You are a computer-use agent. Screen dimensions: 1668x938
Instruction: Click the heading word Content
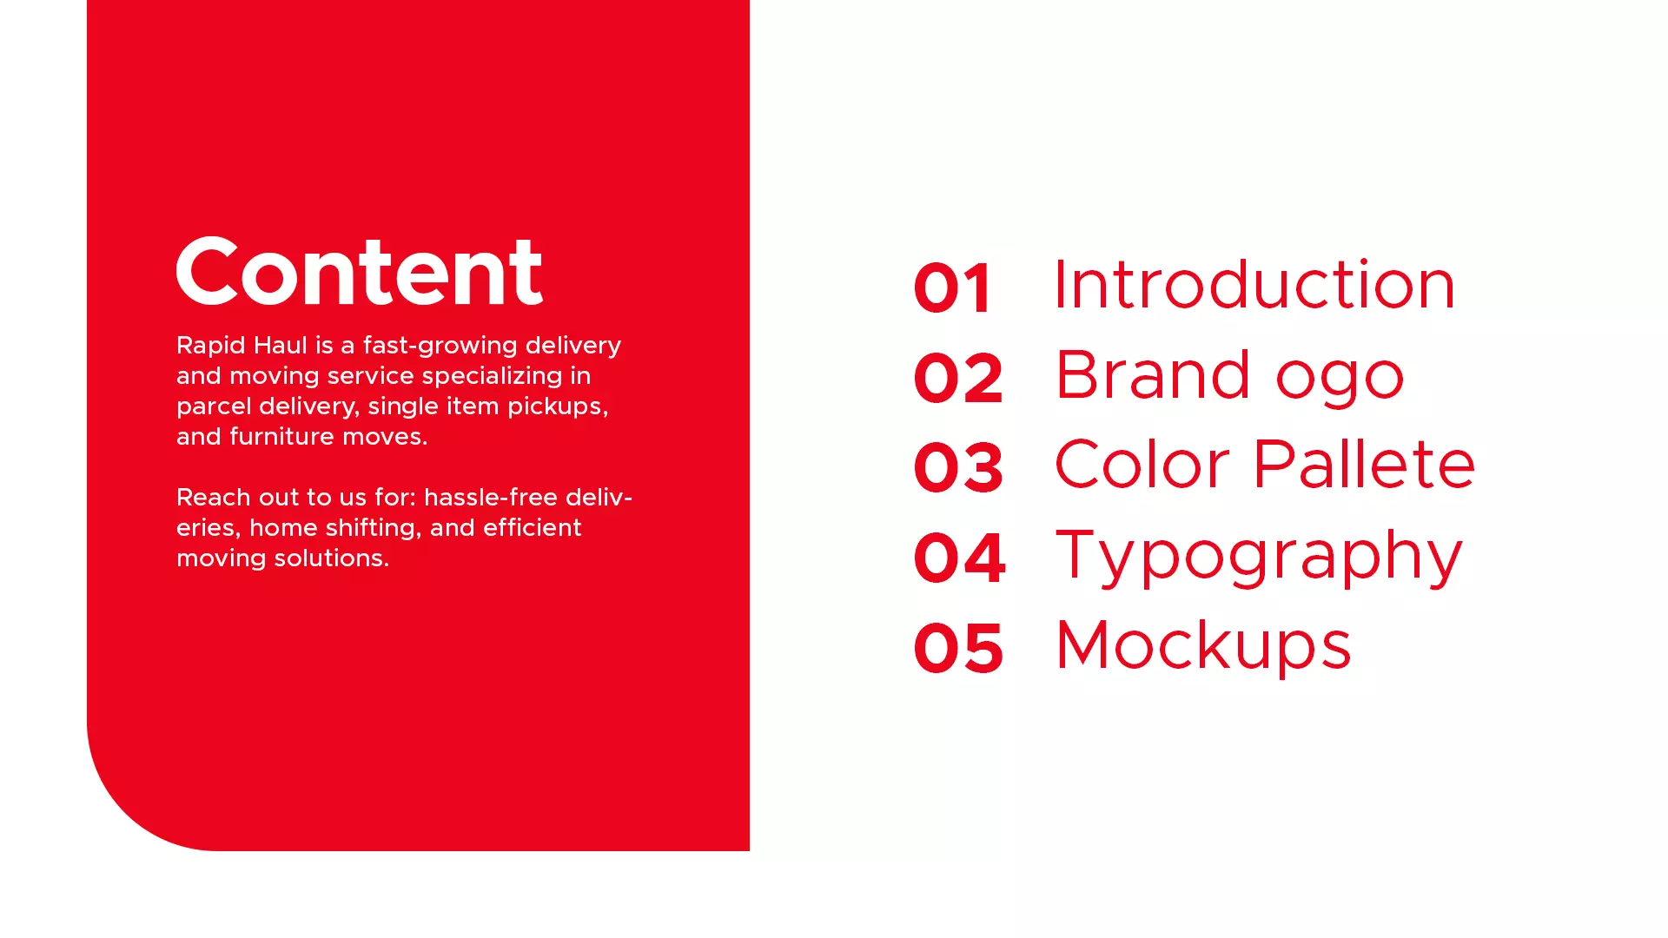click(x=360, y=271)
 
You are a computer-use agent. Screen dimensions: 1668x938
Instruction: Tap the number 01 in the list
click(x=952, y=288)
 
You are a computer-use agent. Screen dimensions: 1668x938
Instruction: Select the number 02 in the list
click(x=959, y=378)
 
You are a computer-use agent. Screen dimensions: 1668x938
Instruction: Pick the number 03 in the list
click(x=959, y=467)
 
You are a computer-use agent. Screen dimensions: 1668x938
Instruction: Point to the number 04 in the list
click(x=960, y=558)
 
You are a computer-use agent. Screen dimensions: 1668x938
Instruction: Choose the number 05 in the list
click(x=959, y=648)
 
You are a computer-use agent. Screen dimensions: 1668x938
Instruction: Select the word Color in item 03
click(x=1142, y=464)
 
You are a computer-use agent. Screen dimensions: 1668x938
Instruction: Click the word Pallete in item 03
click(x=1364, y=464)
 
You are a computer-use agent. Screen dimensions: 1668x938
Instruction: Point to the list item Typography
click(x=1260, y=557)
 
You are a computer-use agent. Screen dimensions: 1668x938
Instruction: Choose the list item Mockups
click(x=1203, y=646)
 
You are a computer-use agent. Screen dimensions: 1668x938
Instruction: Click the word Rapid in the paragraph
click(x=210, y=347)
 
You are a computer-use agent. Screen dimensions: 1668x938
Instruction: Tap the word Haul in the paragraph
click(x=280, y=345)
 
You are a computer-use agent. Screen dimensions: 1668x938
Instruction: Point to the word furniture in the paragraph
click(x=281, y=436)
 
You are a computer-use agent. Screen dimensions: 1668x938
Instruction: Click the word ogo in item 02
click(x=1340, y=380)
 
